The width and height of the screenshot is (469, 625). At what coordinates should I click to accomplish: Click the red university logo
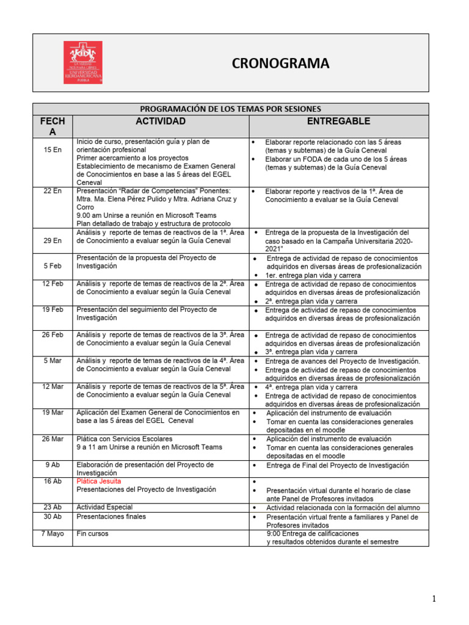[x=83, y=62]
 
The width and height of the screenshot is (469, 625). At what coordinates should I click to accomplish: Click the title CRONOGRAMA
[x=280, y=63]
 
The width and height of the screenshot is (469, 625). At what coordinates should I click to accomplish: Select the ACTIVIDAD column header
[x=161, y=121]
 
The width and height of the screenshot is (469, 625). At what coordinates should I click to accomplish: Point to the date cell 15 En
[x=53, y=150]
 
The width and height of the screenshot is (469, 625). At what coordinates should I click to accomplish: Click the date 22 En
[x=53, y=191]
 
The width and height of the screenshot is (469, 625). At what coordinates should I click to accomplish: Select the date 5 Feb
[x=53, y=266]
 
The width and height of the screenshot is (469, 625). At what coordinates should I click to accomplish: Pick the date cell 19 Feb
[x=53, y=309]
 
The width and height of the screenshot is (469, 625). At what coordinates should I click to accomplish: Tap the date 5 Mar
[x=53, y=361]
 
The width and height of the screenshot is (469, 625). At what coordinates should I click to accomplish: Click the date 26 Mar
[x=53, y=439]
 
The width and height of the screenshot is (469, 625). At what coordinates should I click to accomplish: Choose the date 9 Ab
[x=53, y=464]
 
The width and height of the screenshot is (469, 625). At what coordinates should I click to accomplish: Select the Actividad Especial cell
[x=104, y=507]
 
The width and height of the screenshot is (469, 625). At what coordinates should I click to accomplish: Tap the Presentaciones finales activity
[x=111, y=516]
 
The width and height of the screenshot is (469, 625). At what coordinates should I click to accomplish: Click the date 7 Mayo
[x=53, y=533]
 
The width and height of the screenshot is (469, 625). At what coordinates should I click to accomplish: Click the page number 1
[x=434, y=599]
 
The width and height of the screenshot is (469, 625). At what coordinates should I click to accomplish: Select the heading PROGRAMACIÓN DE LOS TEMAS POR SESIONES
[x=231, y=109]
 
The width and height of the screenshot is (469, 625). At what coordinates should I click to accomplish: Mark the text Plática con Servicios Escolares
[x=125, y=439]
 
